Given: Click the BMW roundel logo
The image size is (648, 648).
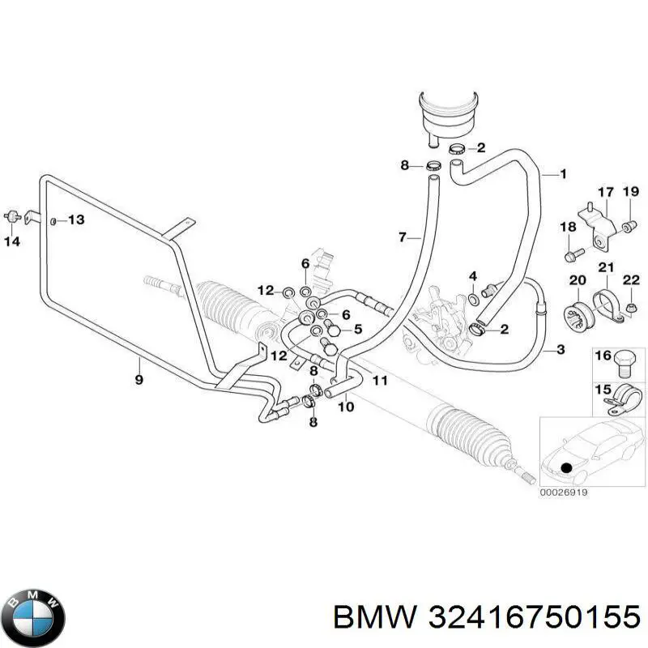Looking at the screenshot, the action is (x=36, y=618).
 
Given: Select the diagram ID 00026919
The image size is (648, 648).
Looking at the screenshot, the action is (x=564, y=492).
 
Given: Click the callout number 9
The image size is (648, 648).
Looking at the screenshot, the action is (x=139, y=379).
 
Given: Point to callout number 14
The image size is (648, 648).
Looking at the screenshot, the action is (x=12, y=241).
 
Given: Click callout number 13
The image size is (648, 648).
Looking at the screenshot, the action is (x=76, y=220).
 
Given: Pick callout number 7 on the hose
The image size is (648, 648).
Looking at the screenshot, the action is (x=403, y=237).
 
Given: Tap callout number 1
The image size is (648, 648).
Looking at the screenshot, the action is (x=562, y=174).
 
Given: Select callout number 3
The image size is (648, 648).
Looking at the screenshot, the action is (x=561, y=350).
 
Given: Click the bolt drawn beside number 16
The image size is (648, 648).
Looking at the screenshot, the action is (x=623, y=364).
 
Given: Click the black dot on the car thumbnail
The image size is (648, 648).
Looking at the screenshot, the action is (x=566, y=468).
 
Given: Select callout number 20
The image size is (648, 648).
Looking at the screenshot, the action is (x=578, y=280).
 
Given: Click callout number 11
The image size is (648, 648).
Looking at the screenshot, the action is (x=380, y=380).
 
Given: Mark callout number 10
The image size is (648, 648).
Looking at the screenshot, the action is (x=346, y=407).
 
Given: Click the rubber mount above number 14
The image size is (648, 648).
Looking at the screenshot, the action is (x=12, y=216).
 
